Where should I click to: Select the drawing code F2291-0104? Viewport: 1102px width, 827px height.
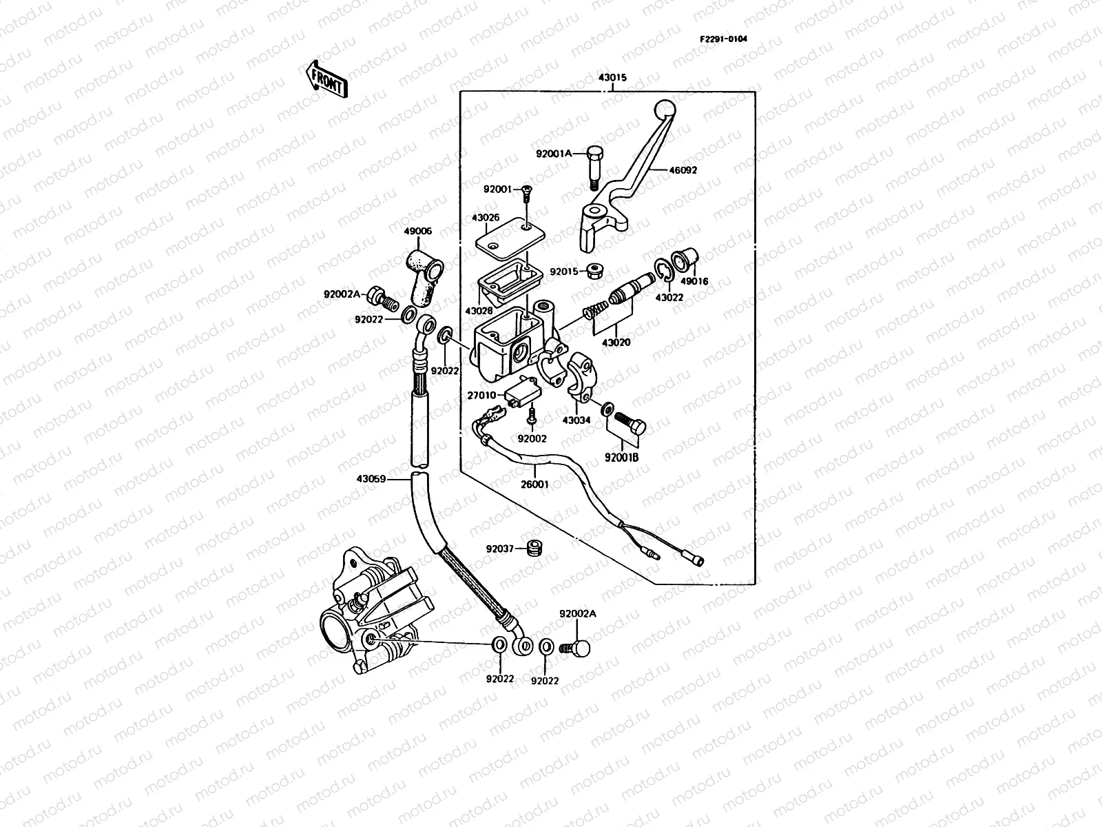pos(723,39)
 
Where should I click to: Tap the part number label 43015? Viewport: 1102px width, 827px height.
pos(612,79)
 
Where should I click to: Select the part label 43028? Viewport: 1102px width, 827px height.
pos(479,312)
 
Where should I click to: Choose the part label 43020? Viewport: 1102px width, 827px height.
pos(616,343)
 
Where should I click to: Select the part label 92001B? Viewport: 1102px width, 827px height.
pos(622,457)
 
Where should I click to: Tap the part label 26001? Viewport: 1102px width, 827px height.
pos(534,484)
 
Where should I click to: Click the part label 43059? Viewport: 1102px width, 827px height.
pos(372,479)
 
